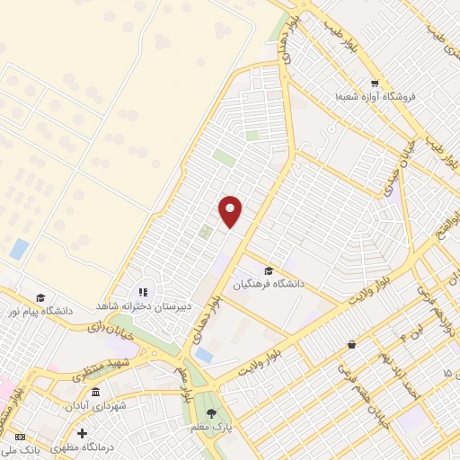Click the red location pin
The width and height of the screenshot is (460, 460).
coord(231,211)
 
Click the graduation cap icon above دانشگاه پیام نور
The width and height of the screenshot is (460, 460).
coord(40,297)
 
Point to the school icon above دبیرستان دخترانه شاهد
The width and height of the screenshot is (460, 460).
coord(143,292)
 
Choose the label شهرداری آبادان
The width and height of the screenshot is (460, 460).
coord(96,405)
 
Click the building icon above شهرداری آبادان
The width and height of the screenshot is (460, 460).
coord(96,393)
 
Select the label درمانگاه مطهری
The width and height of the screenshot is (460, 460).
coord(83,447)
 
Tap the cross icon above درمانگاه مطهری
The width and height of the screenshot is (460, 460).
coord(83,433)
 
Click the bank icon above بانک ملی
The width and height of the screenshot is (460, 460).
coord(22,436)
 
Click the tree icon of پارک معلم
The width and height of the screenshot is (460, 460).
coord(212,413)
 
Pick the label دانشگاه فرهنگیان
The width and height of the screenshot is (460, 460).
coord(269,284)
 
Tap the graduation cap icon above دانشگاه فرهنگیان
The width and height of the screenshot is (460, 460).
coord(269,270)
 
